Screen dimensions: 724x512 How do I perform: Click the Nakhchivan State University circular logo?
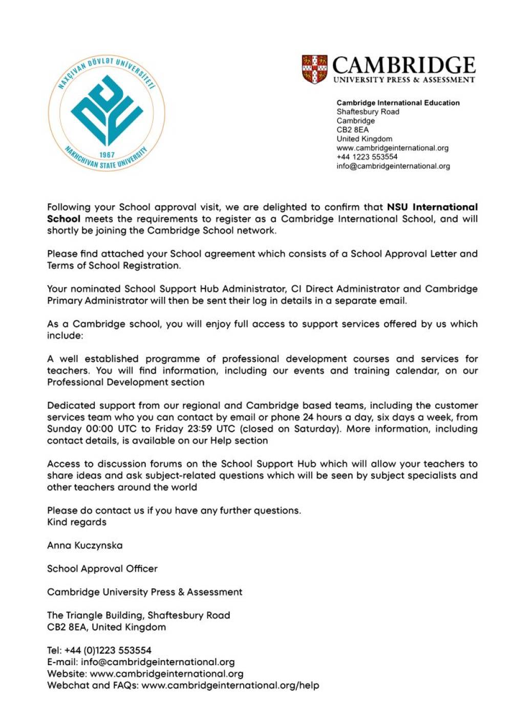(x=106, y=113)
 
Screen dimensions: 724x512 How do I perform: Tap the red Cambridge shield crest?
(x=314, y=69)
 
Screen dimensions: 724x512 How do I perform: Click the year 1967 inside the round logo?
(x=107, y=155)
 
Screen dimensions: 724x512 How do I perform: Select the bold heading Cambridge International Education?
(x=398, y=103)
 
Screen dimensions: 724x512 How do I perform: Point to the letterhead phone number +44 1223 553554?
(x=367, y=157)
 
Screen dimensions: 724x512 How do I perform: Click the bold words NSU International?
(x=432, y=207)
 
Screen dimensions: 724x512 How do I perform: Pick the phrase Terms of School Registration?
(x=114, y=266)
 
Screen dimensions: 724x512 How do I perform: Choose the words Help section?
(x=244, y=441)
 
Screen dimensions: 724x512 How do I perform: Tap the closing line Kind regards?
(x=77, y=522)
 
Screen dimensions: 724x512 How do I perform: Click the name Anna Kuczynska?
(x=85, y=545)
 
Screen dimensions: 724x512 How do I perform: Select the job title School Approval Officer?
(x=102, y=569)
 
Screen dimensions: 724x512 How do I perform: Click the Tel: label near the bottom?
(x=54, y=651)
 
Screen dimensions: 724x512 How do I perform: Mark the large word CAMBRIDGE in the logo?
(x=404, y=65)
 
